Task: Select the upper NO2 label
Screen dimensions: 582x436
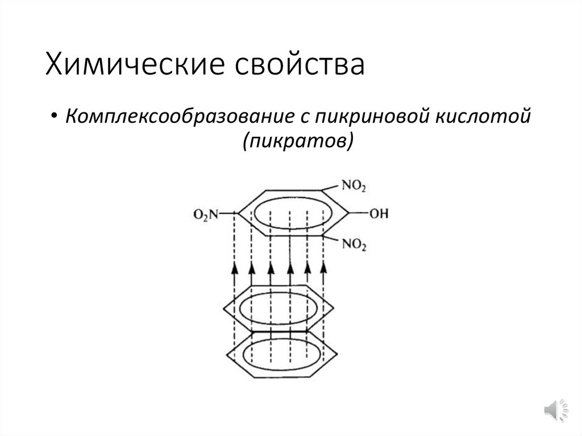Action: (x=354, y=186)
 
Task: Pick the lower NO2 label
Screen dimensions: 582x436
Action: (x=354, y=245)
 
